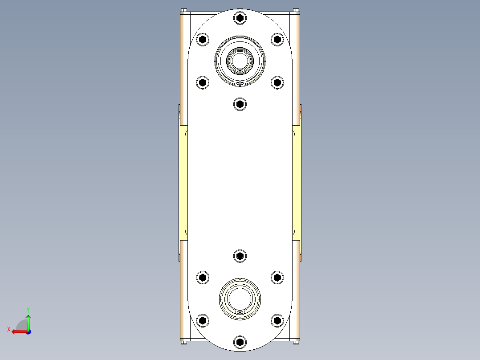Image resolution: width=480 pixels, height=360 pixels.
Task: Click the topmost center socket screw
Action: tap(240, 18)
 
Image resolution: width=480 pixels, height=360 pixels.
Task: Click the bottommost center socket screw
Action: tap(240, 342)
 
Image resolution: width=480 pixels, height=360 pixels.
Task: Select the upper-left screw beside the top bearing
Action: tap(203, 40)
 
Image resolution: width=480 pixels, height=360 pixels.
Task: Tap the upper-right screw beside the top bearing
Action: tap(277, 40)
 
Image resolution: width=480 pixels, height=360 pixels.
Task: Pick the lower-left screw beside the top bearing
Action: tap(203, 82)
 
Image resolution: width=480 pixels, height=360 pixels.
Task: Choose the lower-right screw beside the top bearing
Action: tap(277, 82)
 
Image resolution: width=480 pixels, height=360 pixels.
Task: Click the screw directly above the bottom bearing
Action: tap(240, 256)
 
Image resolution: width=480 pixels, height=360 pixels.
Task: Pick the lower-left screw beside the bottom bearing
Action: tap(203, 320)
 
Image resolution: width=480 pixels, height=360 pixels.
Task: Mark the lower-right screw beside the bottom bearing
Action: tap(277, 320)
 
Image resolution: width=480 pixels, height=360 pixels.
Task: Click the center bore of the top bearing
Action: tap(240, 60)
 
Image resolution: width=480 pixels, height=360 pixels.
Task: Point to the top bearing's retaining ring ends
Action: tap(240, 83)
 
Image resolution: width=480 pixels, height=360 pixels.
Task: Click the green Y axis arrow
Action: tap(28, 318)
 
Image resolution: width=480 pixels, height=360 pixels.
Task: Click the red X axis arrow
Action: tap(17, 331)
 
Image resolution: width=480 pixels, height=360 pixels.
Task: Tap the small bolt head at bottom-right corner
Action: tap(297, 342)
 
